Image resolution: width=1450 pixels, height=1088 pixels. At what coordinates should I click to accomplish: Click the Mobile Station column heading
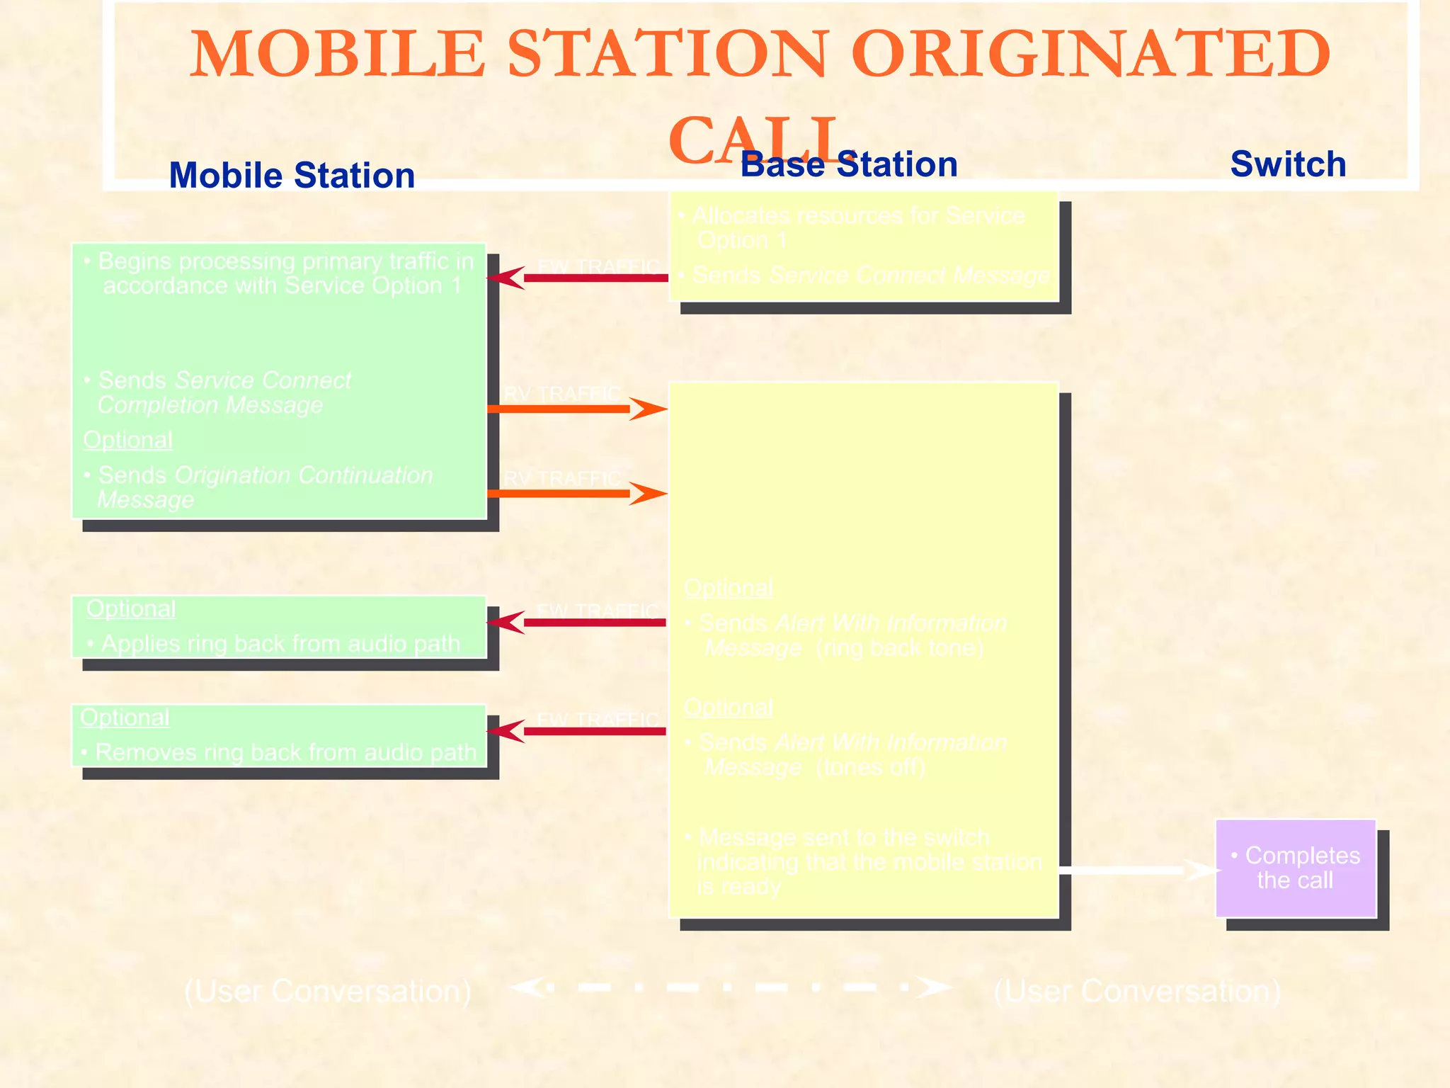pos(292,176)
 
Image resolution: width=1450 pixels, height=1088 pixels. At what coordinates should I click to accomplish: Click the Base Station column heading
pos(849,164)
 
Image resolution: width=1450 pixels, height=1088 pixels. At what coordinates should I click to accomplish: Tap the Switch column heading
pos(1288,164)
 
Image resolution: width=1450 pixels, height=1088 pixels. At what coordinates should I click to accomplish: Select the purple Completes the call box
pos(1295,868)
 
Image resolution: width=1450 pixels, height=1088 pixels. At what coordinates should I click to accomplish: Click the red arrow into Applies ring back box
pos(577,623)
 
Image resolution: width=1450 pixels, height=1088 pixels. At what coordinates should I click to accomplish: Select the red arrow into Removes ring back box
pos(577,731)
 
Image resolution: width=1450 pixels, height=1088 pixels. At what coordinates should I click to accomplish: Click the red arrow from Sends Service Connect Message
pos(577,278)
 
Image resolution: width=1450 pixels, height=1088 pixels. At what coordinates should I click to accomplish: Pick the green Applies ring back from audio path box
pos(279,627)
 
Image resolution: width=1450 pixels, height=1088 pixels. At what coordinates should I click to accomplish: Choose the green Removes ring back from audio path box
pos(279,735)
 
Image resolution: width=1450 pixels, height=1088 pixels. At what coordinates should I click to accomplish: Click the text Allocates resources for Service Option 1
pos(857,227)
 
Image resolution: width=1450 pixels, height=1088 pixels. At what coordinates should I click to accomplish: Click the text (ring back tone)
pos(900,648)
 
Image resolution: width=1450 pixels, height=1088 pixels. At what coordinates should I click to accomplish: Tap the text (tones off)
pos(871,767)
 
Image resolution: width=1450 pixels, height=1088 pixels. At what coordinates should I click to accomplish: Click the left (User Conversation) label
pos(328,991)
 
